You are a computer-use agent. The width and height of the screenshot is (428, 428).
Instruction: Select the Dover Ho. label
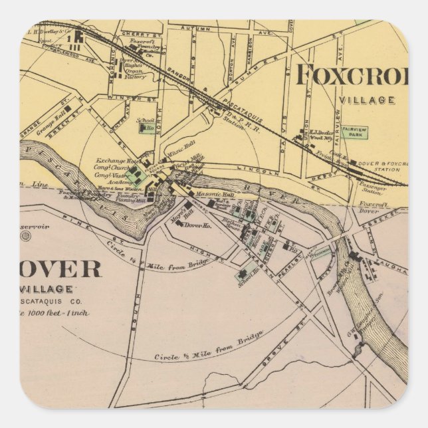coord(197,225)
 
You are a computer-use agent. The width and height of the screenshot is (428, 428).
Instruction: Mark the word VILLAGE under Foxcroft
coord(368,100)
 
